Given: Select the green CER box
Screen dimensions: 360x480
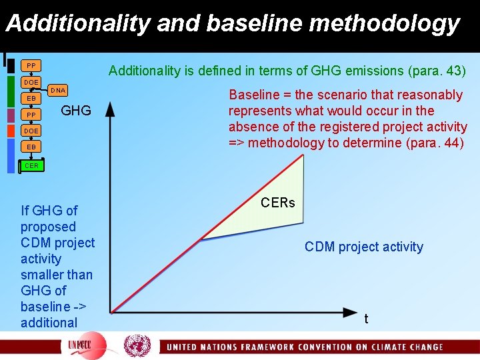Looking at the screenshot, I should tap(31, 165).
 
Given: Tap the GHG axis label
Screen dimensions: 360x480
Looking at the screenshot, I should tap(76, 111).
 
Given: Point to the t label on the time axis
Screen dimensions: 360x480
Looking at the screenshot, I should tap(366, 319).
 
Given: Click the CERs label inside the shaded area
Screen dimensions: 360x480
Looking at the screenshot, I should tap(277, 203).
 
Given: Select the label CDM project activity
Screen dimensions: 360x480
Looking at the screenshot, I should tap(363, 247).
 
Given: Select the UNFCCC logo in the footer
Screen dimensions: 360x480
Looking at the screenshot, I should tap(83, 346).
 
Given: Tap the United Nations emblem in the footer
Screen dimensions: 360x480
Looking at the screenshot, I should tap(137, 345).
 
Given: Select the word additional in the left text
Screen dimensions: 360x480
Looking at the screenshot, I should tap(49, 323).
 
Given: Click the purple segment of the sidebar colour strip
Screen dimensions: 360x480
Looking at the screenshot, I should tap(11, 115).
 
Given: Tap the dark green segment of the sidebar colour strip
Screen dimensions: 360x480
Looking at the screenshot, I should tap(11, 90).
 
